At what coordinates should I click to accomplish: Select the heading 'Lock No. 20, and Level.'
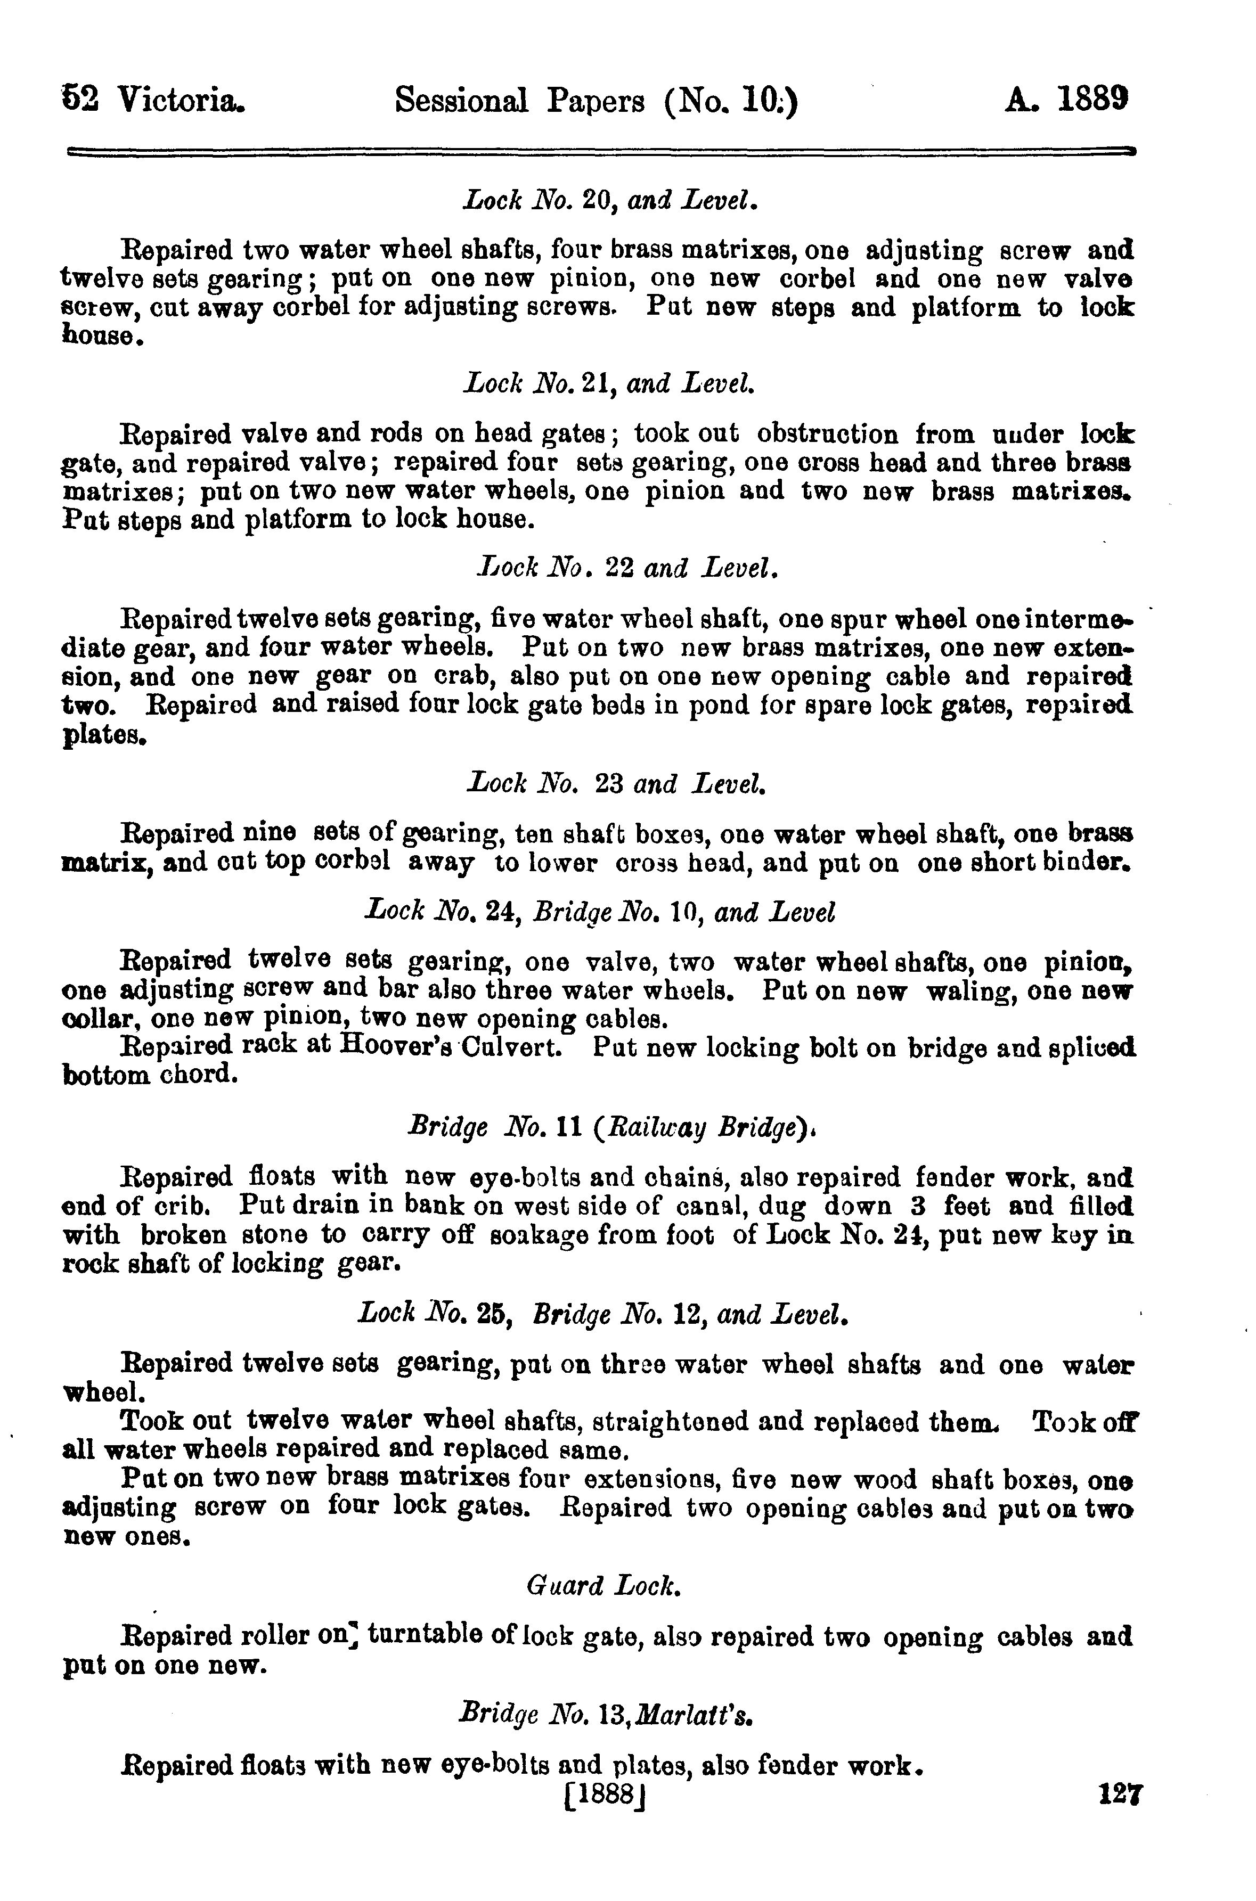(x=610, y=199)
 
